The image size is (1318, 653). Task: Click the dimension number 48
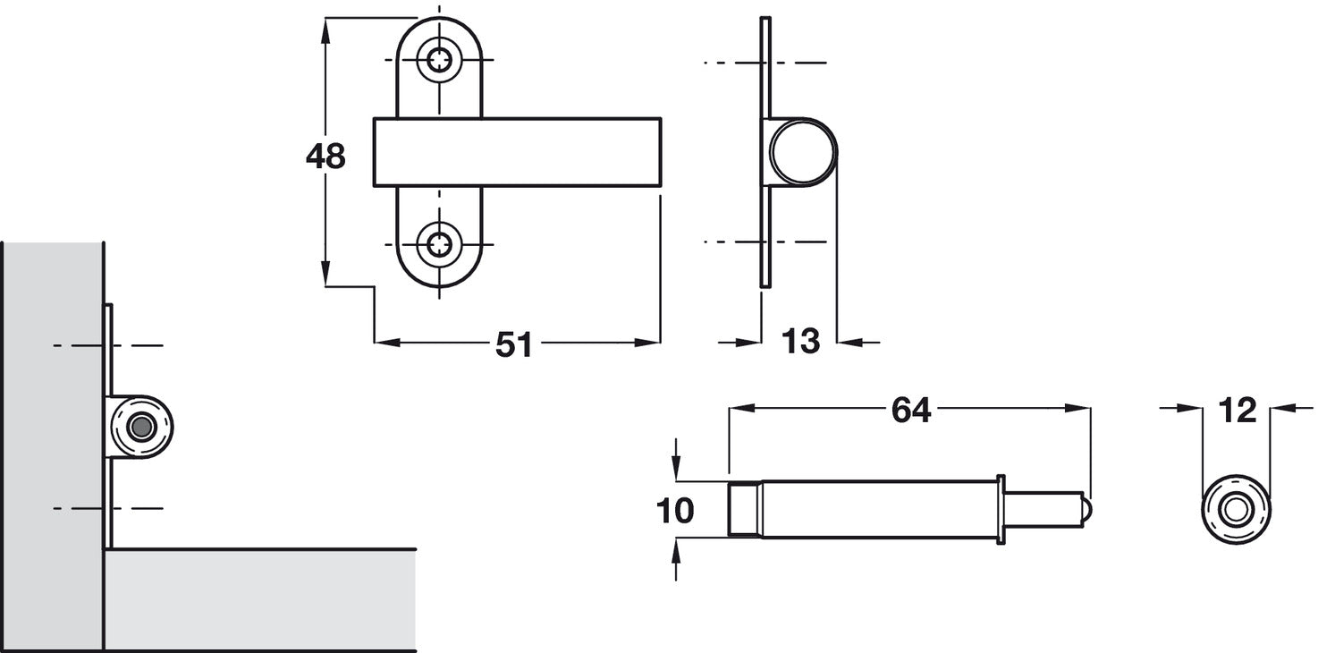tap(325, 157)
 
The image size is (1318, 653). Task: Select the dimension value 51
tap(513, 344)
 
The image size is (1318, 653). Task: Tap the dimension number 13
tap(800, 342)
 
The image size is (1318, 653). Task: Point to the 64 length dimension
tap(911, 411)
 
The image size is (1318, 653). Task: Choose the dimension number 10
tap(675, 511)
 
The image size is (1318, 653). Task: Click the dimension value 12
tap(1238, 411)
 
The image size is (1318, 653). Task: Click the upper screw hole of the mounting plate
tap(439, 60)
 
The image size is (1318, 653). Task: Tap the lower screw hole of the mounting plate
tap(439, 244)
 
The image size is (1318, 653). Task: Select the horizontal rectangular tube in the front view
tap(517, 152)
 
